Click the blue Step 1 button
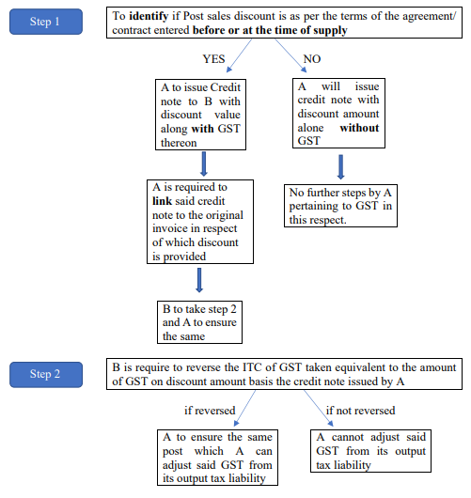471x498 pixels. (46, 22)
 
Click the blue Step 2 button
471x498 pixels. (46, 375)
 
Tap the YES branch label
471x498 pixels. (214, 59)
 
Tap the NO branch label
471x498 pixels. (312, 59)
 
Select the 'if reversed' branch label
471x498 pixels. (210, 411)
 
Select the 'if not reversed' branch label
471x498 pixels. (361, 411)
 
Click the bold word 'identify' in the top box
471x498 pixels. (149, 16)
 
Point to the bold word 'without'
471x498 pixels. (359, 128)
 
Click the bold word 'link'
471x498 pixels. (162, 201)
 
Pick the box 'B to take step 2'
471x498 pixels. (199, 322)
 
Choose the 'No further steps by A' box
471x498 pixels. (340, 206)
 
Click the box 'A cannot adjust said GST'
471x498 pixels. (370, 451)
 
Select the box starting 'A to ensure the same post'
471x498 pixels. (217, 458)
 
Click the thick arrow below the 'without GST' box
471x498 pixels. (340, 167)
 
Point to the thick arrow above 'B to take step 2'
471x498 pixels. (199, 280)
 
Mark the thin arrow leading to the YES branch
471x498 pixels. (239, 55)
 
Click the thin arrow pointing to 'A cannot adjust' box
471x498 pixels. (319, 408)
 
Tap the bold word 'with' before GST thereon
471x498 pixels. (202, 129)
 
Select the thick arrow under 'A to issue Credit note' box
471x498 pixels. (204, 163)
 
